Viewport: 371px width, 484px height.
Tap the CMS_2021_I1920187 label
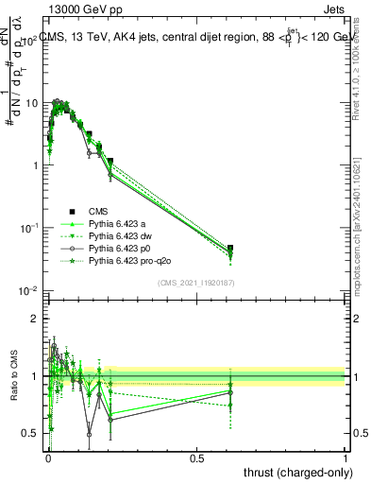[x=196, y=283]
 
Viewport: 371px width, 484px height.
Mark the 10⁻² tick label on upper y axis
[x=28, y=290]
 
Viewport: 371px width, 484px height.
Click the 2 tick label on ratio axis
[x=35, y=319]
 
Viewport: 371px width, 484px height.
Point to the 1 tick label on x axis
[x=345, y=458]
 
